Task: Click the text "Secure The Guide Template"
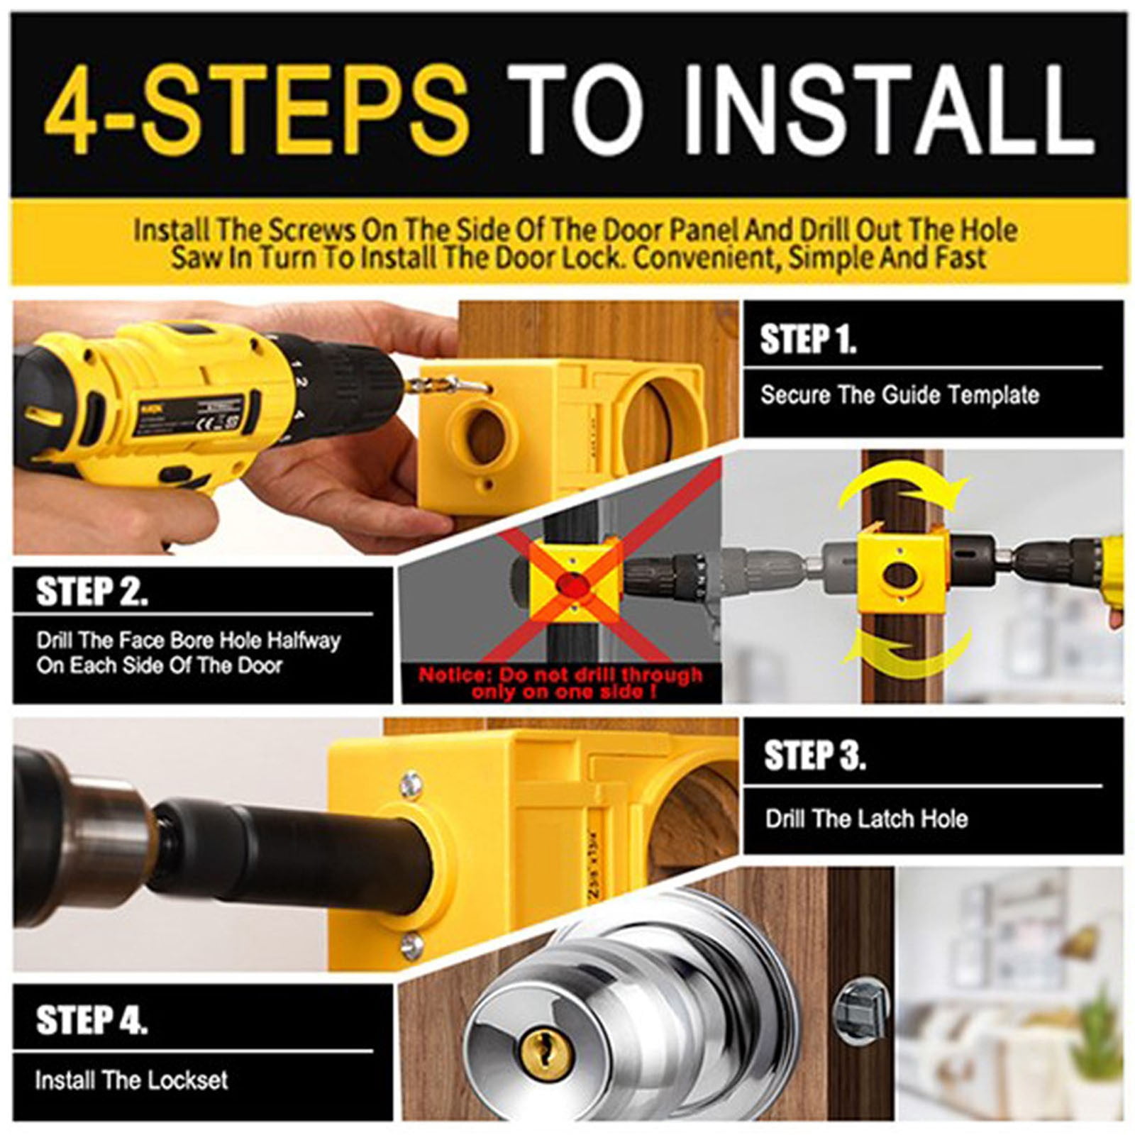pyautogui.click(x=899, y=394)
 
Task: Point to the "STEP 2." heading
pyautogui.click(x=92, y=591)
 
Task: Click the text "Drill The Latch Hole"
pyautogui.click(x=866, y=819)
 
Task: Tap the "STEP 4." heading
pyautogui.click(x=92, y=1019)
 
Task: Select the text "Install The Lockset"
pyautogui.click(x=131, y=1080)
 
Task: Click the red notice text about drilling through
pyautogui.click(x=560, y=683)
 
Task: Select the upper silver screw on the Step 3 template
pyautogui.click(x=409, y=784)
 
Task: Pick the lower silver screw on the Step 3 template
pyautogui.click(x=412, y=946)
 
